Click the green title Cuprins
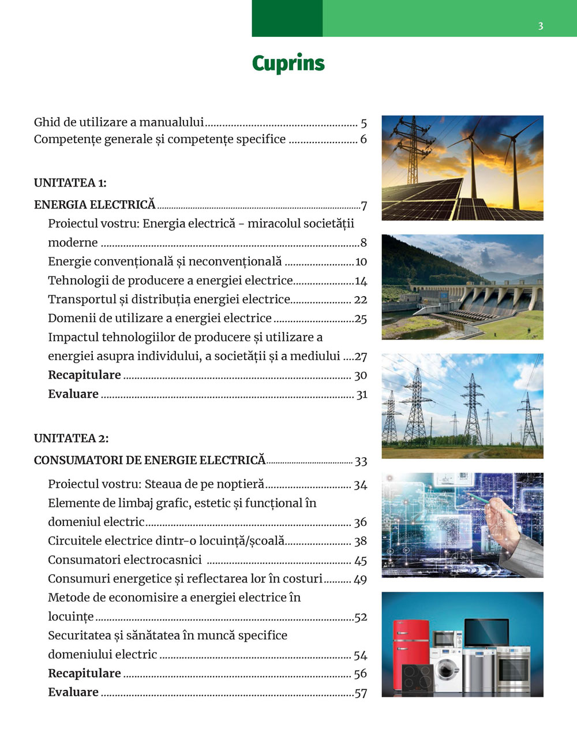click(288, 63)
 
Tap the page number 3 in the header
click(541, 26)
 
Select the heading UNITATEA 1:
click(70, 183)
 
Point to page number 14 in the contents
click(361, 281)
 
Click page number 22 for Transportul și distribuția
click(361, 300)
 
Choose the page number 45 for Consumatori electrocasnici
click(361, 561)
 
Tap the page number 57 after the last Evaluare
click(361, 693)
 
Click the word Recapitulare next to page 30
click(84, 375)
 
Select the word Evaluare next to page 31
click(73, 394)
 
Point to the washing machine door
click(447, 669)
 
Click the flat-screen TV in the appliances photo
click(486, 633)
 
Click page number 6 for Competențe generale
click(364, 139)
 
